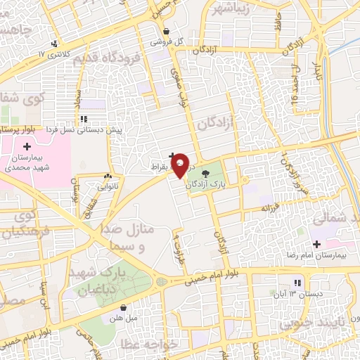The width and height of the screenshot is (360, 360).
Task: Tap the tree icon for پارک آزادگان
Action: (205, 174)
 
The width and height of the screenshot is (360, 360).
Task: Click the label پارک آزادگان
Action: (208, 184)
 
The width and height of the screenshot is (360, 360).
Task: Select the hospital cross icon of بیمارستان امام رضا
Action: (317, 244)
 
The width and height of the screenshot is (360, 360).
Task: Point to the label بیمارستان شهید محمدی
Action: (29, 163)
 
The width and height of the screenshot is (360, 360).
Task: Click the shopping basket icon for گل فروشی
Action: (166, 31)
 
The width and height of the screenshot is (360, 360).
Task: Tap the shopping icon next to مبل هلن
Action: (123, 307)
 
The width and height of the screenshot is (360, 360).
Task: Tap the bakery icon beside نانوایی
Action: (108, 176)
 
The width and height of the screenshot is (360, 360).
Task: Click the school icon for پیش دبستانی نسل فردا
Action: (84, 120)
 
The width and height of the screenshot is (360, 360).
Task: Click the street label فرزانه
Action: (272, 210)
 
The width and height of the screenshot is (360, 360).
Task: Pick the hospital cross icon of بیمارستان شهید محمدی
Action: (27, 146)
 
